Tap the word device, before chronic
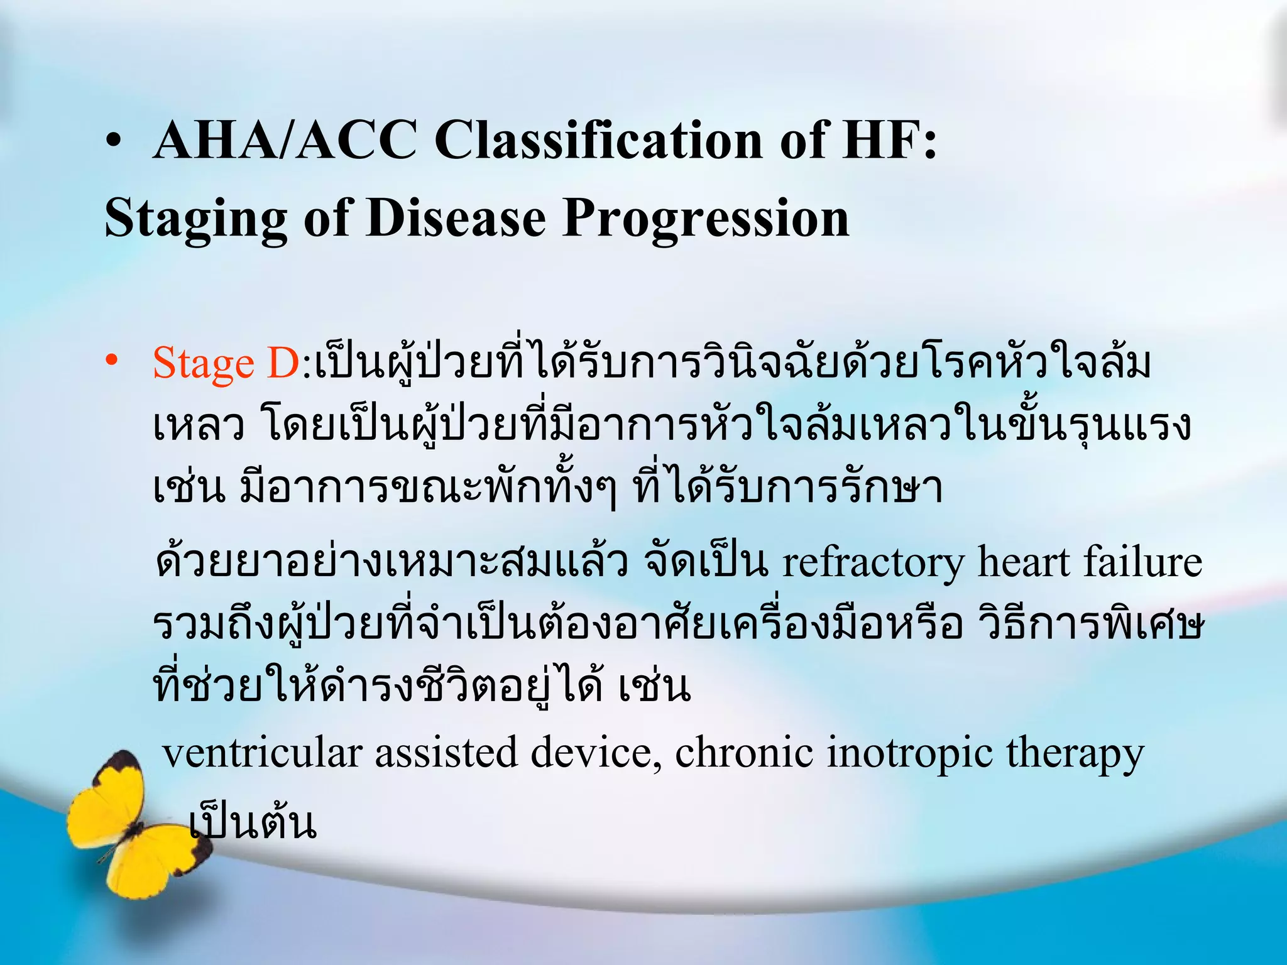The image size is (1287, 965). pyautogui.click(x=596, y=752)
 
